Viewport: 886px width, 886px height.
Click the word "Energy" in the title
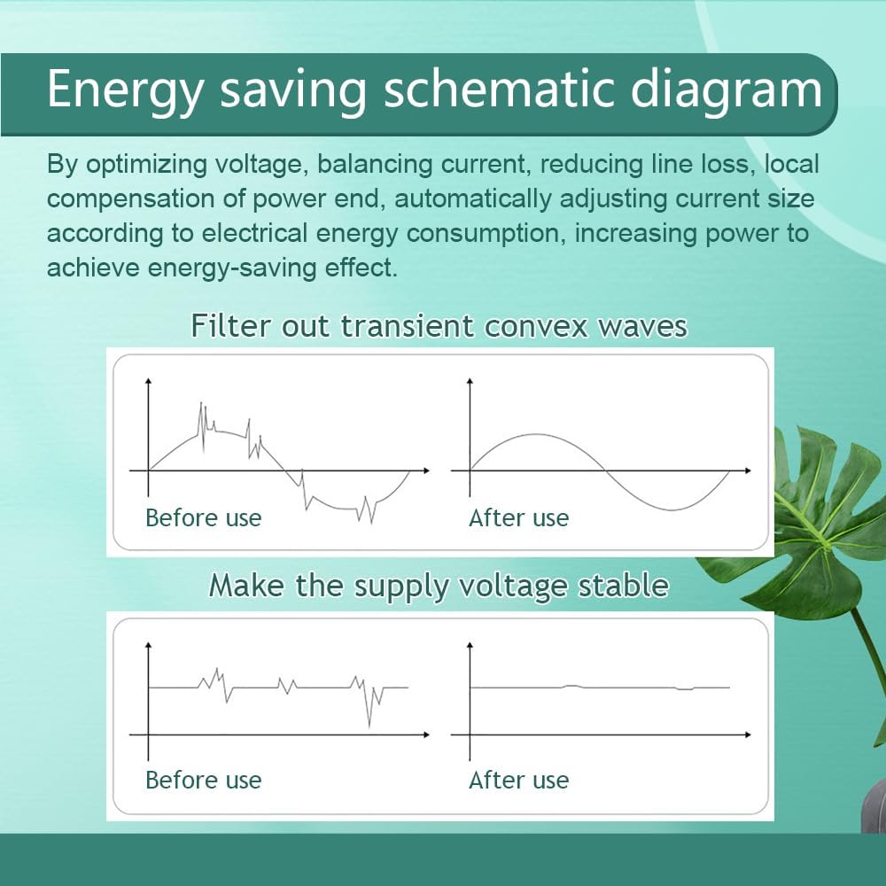click(x=124, y=90)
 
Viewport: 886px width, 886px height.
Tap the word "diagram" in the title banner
click(x=727, y=89)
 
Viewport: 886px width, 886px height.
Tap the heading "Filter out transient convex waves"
click(x=439, y=326)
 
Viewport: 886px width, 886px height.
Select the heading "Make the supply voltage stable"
click(x=439, y=586)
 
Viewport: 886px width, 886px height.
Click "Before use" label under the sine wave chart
click(x=204, y=518)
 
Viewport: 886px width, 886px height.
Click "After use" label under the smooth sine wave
click(x=518, y=518)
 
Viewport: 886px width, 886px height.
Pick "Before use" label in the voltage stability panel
click(x=204, y=781)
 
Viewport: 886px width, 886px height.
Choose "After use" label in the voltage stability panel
click(x=518, y=781)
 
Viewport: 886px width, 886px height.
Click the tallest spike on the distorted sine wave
click(x=201, y=403)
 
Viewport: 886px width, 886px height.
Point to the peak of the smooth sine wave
click(x=537, y=434)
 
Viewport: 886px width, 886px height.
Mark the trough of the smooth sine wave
click(x=672, y=510)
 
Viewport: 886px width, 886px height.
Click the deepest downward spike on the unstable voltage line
click(x=369, y=727)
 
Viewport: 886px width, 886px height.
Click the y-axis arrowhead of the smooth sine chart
click(x=470, y=381)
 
